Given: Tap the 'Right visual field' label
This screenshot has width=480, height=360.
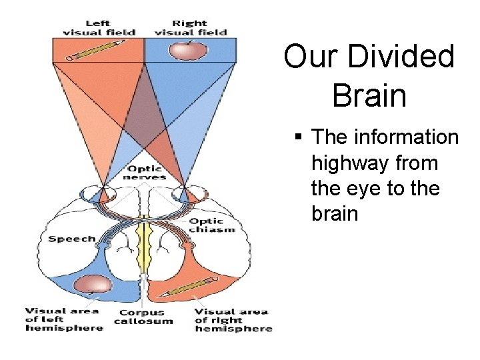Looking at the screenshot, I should tap(190, 27).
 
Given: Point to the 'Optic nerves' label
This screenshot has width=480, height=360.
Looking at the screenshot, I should tap(144, 173).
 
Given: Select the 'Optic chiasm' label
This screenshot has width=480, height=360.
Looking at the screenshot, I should tap(212, 225).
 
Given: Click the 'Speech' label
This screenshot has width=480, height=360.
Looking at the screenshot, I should tap(71, 238).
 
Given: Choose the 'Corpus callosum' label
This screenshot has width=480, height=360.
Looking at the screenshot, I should tap(143, 316).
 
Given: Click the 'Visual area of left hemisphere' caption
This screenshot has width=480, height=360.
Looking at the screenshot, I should tap(64, 319).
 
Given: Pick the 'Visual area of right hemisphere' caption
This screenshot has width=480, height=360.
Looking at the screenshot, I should tap(233, 319).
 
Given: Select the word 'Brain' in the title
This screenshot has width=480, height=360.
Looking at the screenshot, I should tap(369, 95).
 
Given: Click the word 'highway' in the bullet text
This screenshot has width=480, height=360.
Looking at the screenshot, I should tap(347, 163).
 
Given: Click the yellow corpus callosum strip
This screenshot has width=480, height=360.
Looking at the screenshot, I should tap(143, 247).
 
